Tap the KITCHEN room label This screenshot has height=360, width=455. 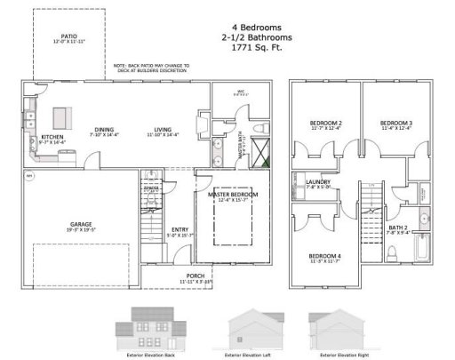click(x=52, y=137)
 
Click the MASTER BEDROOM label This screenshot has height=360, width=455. click(x=233, y=194)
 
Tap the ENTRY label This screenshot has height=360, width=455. click(x=179, y=229)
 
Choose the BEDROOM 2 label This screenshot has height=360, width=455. click(x=325, y=123)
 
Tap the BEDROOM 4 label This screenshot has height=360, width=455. click(x=325, y=257)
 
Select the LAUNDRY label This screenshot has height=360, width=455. click(x=317, y=182)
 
